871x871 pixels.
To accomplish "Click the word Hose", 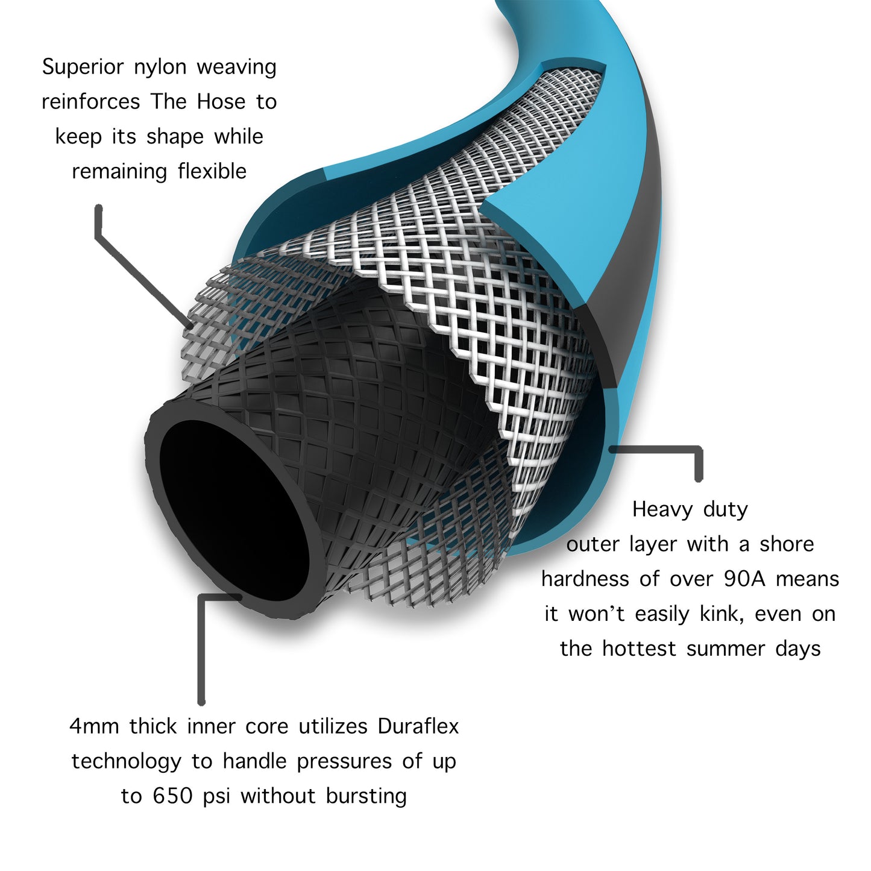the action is point(221,101).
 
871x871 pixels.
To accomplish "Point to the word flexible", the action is point(212,171).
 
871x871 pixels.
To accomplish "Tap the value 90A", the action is point(744,579).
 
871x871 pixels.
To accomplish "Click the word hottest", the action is point(639,648).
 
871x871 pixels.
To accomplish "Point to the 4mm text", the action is point(94,727).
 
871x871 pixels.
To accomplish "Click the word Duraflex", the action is point(418,726).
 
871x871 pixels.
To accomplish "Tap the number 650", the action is point(173,796).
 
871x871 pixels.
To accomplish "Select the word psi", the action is point(216,797).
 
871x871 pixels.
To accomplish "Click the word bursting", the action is point(366,796).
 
